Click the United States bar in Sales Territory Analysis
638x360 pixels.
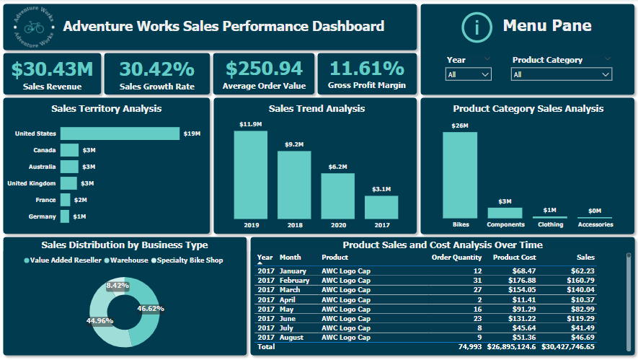(120, 133)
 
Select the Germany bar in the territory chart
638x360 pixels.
(65, 216)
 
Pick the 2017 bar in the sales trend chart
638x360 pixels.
(381, 207)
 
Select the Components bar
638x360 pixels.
(505, 213)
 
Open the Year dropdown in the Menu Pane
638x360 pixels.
(469, 74)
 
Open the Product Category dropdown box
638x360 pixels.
(562, 74)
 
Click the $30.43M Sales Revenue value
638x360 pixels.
(53, 69)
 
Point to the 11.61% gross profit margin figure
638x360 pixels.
(366, 69)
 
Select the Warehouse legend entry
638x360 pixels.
(130, 260)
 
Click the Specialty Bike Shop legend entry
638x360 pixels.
(190, 260)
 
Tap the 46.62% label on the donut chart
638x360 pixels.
(151, 308)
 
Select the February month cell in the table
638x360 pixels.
(294, 280)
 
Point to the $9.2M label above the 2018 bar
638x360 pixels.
(294, 144)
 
